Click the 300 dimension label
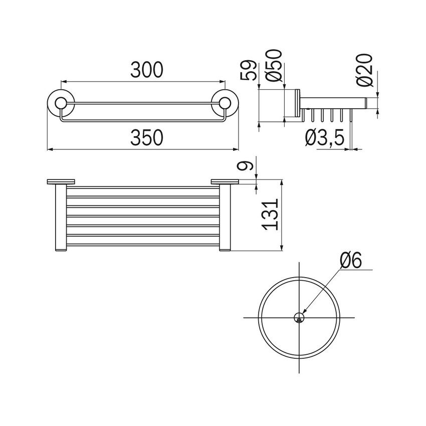(146, 70)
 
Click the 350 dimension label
(146, 138)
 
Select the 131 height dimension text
(269, 215)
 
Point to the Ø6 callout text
(350, 261)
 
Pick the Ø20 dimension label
(364, 70)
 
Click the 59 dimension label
(249, 70)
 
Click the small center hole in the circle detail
(299, 318)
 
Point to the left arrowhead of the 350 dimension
(50, 149)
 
